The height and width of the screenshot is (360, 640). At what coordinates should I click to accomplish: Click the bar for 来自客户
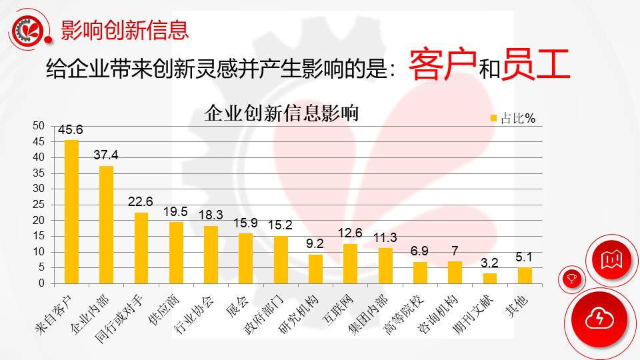71,212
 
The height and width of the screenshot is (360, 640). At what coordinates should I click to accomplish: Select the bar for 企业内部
107,225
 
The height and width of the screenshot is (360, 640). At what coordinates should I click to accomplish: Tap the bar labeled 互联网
350,263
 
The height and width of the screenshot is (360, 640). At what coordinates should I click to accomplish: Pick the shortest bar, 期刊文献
490,278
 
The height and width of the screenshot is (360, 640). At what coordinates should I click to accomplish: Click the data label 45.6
70,131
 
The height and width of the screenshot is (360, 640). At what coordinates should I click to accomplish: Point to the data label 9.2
315,245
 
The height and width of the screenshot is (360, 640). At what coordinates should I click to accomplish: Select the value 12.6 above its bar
350,234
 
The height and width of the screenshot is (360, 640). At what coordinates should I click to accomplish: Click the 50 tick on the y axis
39,126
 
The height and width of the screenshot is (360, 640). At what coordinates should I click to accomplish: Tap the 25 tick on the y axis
39,205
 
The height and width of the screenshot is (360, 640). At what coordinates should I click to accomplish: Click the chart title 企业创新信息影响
282,113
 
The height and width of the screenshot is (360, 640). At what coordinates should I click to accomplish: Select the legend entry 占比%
513,119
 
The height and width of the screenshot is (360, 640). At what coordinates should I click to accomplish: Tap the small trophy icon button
572,277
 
